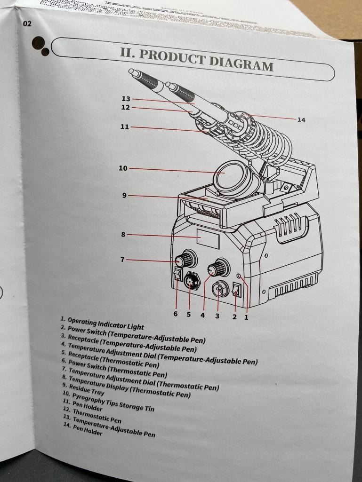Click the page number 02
27,24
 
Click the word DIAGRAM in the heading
241,63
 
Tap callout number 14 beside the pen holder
301,120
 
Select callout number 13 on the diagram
125,99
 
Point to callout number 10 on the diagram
123,168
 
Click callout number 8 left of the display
123,234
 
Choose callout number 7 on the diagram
122,259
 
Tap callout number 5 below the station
188,315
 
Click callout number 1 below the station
246,317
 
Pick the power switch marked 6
177,275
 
